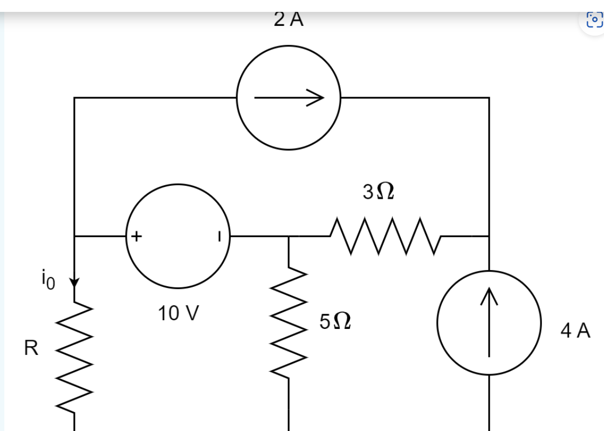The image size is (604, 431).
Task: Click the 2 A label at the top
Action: click(x=289, y=19)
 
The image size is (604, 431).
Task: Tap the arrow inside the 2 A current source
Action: click(x=289, y=98)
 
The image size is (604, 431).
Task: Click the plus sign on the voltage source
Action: click(x=136, y=236)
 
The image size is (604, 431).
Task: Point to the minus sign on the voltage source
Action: click(x=219, y=236)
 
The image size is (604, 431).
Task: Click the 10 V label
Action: click(x=179, y=313)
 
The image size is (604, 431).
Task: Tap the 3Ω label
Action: click(x=378, y=191)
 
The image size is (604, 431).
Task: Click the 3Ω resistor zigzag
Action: click(x=385, y=236)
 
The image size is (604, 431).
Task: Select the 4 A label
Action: click(x=575, y=331)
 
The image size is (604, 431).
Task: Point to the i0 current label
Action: click(x=47, y=279)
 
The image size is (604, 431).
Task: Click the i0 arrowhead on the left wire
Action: click(x=74, y=282)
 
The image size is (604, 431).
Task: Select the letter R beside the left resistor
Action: click(x=31, y=349)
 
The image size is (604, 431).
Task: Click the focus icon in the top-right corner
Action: click(x=594, y=20)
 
